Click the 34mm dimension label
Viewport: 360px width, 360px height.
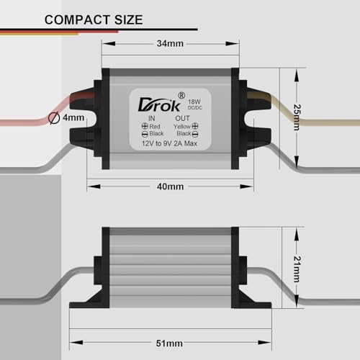click(170, 43)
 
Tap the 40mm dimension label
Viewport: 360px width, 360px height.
click(170, 186)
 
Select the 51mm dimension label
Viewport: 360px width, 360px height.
click(169, 343)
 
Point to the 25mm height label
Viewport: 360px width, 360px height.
click(297, 117)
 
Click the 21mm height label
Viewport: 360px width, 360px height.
click(297, 269)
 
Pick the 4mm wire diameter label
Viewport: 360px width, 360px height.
click(73, 117)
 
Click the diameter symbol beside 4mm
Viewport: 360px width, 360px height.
click(54, 118)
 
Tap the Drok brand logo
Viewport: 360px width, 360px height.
click(159, 104)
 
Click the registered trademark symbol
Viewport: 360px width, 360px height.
click(181, 95)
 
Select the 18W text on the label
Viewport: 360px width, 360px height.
click(194, 102)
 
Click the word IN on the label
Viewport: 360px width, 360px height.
click(151, 118)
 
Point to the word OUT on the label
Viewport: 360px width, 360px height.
click(182, 118)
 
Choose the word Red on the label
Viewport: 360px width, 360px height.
click(155, 126)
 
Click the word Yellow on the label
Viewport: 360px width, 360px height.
click(182, 127)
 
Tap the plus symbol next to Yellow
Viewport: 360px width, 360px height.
click(195, 126)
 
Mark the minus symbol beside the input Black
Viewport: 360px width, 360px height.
click(145, 134)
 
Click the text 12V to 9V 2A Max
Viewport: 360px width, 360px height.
click(169, 143)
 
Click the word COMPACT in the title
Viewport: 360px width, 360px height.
click(78, 19)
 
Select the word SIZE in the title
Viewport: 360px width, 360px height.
click(129, 19)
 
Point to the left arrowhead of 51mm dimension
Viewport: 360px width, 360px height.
click(76, 342)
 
